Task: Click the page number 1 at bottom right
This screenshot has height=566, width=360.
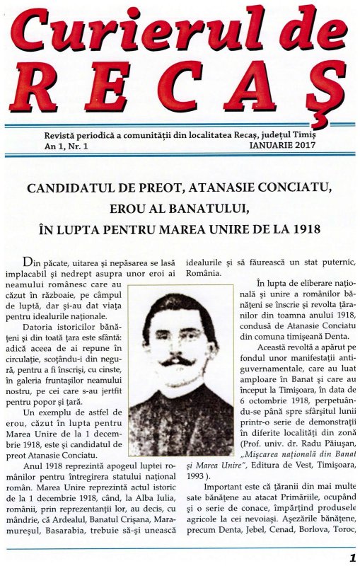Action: coord(352,557)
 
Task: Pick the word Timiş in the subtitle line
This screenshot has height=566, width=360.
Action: coord(305,134)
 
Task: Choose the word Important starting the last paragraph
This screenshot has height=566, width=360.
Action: coord(227,487)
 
